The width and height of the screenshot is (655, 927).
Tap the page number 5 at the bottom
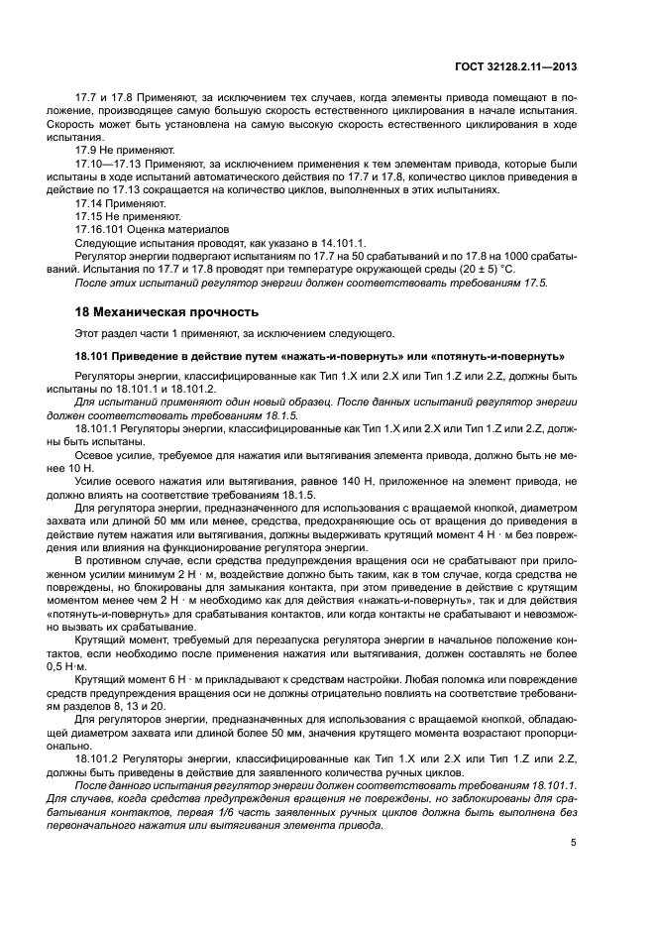pos(574,844)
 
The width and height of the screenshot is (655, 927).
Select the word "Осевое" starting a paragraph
pos(94,455)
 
